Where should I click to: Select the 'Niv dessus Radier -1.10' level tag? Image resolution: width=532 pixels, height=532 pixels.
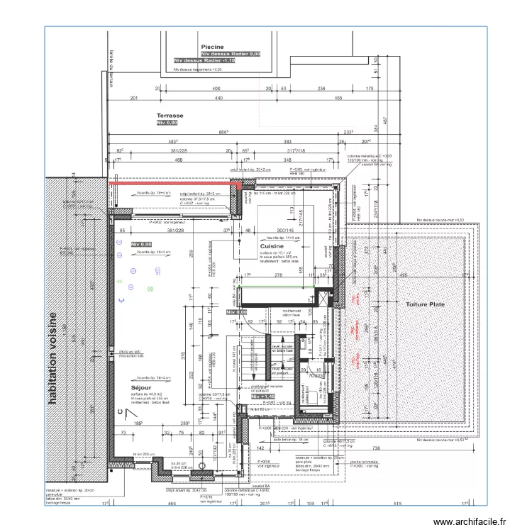(x=204, y=62)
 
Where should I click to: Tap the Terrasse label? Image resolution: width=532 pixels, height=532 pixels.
(x=170, y=115)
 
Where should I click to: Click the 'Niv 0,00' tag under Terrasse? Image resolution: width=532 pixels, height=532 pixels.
(x=167, y=123)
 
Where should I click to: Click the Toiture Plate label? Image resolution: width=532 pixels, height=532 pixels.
(x=425, y=304)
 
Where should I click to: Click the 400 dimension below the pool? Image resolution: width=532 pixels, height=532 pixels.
(x=217, y=89)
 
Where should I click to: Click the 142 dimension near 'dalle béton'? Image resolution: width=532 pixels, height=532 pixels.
(x=260, y=448)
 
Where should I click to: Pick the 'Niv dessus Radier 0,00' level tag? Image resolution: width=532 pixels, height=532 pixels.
(x=231, y=54)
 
